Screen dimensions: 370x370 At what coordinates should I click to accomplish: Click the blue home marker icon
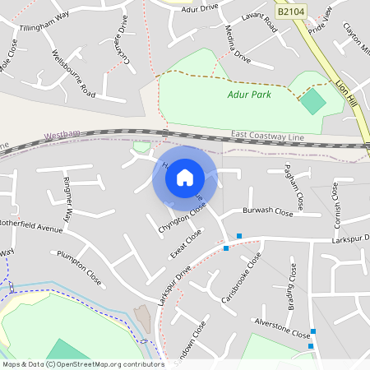click(184, 177)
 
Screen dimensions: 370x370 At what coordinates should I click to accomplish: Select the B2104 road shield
click(290, 12)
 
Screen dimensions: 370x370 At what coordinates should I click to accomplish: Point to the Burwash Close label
click(267, 211)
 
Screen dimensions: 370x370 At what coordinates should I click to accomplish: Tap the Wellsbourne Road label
click(73, 73)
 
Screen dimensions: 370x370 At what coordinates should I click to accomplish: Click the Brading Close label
click(293, 284)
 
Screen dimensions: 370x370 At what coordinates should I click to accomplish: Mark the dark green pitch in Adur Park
click(312, 102)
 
